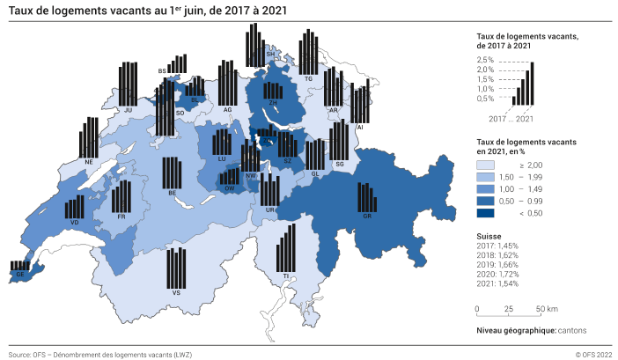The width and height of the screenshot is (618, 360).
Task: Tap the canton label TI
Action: point(285,276)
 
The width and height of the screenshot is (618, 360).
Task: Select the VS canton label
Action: point(177,291)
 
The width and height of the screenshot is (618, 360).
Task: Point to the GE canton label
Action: point(18,275)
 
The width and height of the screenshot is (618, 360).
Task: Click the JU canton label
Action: point(129,110)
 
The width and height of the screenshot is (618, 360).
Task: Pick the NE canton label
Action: point(89,162)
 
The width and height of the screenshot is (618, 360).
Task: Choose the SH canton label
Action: point(269,54)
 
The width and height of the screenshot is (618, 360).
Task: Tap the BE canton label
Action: point(173,193)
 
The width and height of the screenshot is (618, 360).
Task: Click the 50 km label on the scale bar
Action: point(547,309)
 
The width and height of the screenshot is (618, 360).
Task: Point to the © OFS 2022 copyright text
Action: point(592,355)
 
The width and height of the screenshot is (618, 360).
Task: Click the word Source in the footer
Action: point(19,355)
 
